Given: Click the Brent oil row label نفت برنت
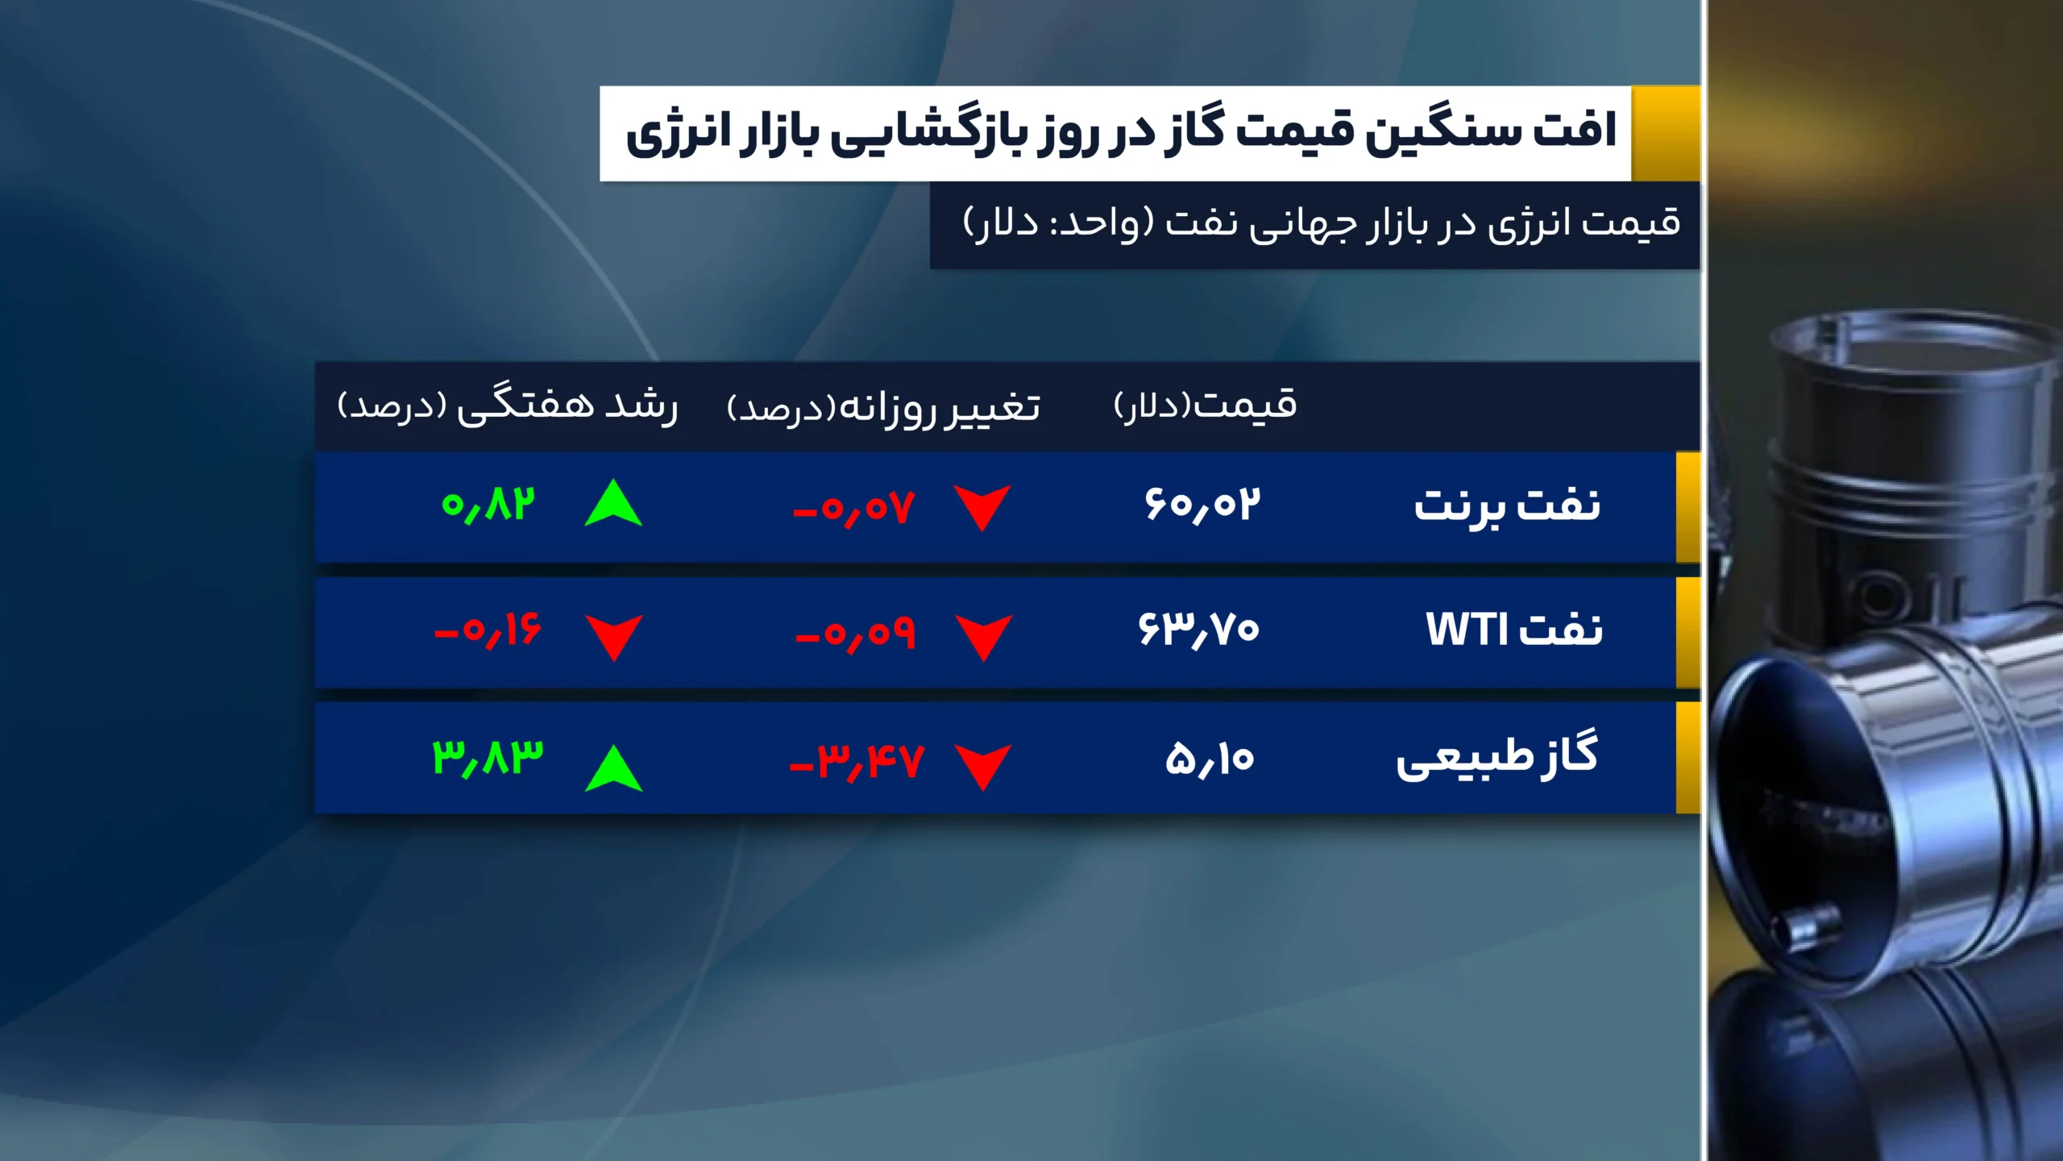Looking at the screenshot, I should [x=1506, y=506].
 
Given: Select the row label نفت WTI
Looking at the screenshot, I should [x=1514, y=630].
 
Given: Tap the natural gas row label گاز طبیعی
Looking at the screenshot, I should [x=1496, y=757].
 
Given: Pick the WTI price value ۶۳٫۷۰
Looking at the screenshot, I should [x=1198, y=630].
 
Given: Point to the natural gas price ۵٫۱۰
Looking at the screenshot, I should [x=1210, y=759].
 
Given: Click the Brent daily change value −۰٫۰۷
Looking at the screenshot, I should [x=854, y=509].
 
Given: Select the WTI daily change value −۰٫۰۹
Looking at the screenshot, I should [x=855, y=634].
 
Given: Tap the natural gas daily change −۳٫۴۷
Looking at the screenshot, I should [x=856, y=761].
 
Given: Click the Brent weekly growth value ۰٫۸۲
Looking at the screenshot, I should [x=488, y=506].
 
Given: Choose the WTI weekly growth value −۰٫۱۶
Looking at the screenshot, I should [x=488, y=630].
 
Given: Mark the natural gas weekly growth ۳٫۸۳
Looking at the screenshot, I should [x=488, y=758].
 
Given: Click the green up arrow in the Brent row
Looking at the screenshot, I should [x=613, y=505].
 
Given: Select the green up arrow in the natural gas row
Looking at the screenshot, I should [x=613, y=768].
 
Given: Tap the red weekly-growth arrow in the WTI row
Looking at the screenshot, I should [x=613, y=636].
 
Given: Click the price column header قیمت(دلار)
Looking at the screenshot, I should [x=1205, y=405].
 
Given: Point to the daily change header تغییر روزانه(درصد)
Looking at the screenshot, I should [x=883, y=407].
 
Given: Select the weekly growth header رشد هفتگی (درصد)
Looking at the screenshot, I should [x=508, y=406].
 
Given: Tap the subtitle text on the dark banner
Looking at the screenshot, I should [x=1321, y=223].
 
